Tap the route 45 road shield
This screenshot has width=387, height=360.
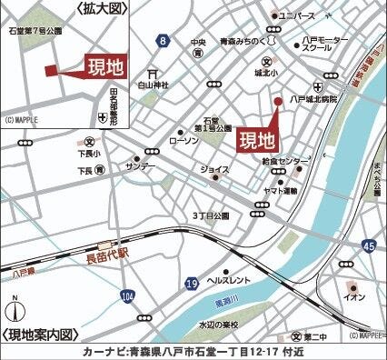point(367,246)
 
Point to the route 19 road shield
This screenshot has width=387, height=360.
point(191,285)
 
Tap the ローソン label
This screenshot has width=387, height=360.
point(183,141)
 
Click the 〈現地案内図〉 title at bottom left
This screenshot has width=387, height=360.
point(41,335)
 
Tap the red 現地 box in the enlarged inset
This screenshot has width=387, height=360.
point(106,66)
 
